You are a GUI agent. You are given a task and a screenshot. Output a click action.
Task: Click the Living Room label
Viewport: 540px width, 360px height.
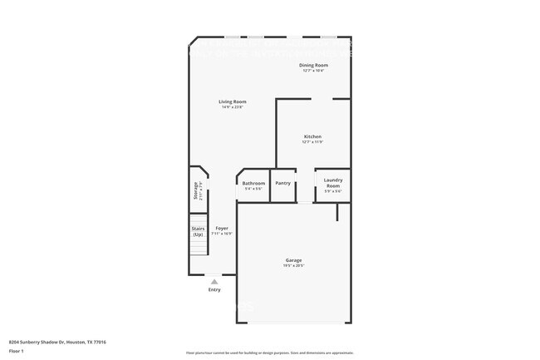coord(233,101)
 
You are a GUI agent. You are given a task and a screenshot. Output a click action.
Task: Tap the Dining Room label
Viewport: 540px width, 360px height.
coord(313,65)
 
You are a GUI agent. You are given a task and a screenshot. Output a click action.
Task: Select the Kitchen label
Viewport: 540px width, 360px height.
coord(312,136)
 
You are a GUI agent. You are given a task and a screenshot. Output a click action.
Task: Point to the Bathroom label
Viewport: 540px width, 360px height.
coord(253,183)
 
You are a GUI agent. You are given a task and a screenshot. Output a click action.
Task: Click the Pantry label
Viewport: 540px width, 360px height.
coord(283,183)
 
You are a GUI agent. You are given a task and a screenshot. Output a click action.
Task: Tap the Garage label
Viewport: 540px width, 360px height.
coord(294,260)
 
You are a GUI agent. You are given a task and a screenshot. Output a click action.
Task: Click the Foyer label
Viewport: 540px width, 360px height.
coord(222,228)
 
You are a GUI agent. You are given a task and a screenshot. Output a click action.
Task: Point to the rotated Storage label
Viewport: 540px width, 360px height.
coord(196,191)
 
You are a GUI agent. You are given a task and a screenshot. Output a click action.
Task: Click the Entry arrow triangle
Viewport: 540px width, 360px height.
coord(214,282)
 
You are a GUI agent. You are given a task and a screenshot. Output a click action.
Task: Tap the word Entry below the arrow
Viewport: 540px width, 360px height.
coord(214,290)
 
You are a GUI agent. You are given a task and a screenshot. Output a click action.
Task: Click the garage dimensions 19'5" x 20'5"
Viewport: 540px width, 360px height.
coord(294,266)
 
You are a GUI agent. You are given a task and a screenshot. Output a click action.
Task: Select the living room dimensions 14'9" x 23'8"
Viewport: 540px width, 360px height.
coord(233,107)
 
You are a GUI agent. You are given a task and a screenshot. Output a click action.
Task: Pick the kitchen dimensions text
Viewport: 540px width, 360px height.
coord(312,142)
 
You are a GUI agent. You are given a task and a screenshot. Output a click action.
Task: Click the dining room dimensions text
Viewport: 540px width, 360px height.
coord(313,71)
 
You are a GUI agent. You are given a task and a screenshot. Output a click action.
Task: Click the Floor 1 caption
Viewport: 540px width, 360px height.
coord(17,352)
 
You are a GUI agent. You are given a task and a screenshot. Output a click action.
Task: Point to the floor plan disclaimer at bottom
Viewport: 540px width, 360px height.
coord(270,353)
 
